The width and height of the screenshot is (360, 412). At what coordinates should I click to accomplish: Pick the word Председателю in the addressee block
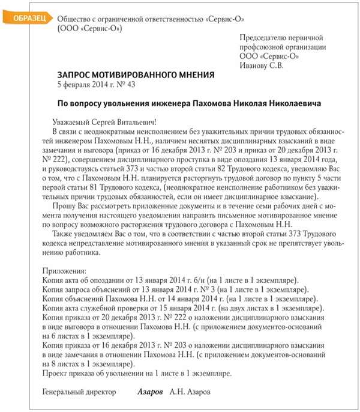(x=262, y=38)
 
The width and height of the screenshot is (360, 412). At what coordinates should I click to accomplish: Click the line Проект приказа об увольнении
(x=137, y=374)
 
